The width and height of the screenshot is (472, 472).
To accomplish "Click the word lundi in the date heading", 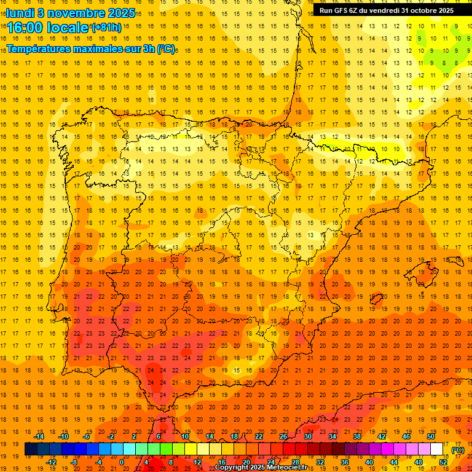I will point(22,12).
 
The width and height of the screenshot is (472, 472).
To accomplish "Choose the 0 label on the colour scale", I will point(121,462).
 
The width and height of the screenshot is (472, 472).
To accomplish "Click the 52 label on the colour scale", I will point(443,462).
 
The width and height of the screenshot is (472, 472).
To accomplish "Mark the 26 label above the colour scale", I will point(283,436).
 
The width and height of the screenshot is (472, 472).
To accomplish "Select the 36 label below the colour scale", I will point(345,462).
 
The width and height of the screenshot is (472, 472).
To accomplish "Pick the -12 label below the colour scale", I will point(51,462).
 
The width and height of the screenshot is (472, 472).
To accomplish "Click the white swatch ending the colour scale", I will point(437,449).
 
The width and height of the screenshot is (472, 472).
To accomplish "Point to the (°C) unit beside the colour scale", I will point(458,450).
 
